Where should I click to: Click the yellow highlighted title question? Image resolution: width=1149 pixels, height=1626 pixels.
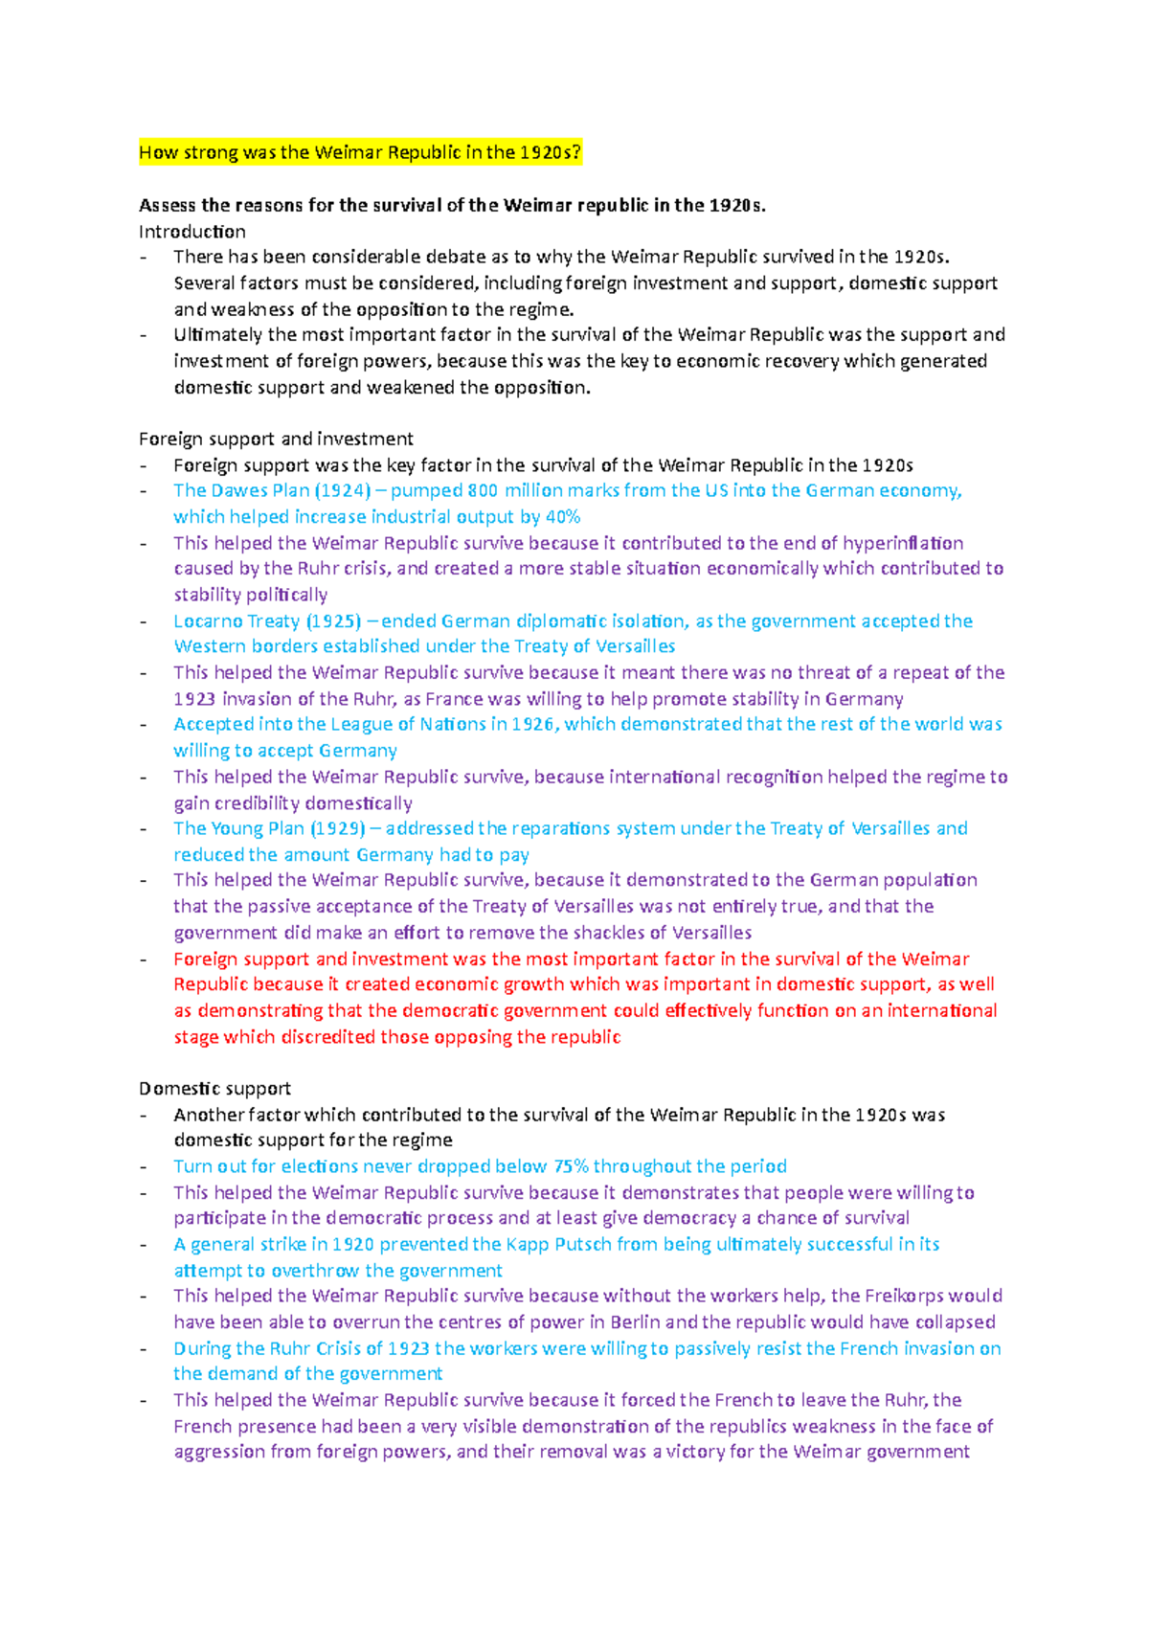click(x=360, y=152)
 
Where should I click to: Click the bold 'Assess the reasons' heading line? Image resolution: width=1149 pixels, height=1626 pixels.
click(x=452, y=205)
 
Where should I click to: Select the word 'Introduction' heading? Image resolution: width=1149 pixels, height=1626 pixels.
click(x=191, y=232)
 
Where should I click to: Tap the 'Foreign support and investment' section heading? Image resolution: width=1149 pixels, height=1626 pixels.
click(x=276, y=439)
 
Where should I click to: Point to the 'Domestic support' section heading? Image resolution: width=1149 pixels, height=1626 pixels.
click(x=214, y=1089)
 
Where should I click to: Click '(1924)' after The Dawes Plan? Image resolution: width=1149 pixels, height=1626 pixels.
click(x=343, y=490)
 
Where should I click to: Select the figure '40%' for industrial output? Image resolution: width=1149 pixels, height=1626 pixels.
click(x=563, y=517)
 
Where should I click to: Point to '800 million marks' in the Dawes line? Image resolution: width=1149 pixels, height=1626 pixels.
click(x=539, y=490)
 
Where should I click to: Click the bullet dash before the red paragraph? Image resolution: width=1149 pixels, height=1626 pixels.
click(x=144, y=960)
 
